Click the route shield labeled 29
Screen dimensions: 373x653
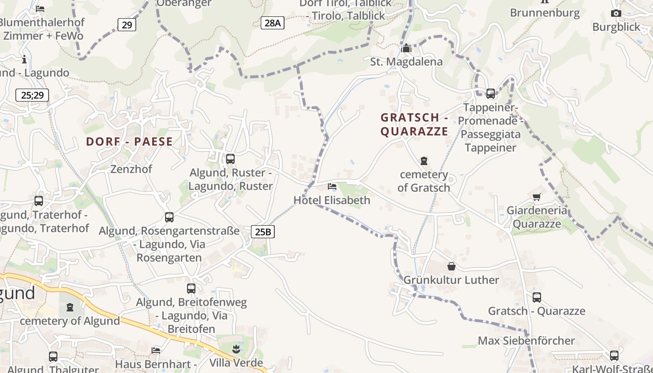pyautogui.click(x=127, y=25)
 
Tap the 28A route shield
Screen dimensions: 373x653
pyautogui.click(x=272, y=23)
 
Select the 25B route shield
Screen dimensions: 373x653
pyautogui.click(x=263, y=231)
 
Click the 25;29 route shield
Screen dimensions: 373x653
pyautogui.click(x=32, y=95)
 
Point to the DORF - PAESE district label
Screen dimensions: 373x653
pyautogui.click(x=129, y=142)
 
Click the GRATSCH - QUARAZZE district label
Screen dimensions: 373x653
pyautogui.click(x=414, y=124)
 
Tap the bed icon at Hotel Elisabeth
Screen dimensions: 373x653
pyautogui.click(x=332, y=187)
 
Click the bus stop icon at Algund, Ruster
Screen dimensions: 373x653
pyautogui.click(x=230, y=159)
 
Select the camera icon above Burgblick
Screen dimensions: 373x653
pyautogui.click(x=616, y=14)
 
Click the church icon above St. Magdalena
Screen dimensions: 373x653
pyautogui.click(x=406, y=48)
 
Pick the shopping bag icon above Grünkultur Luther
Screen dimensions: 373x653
pyautogui.click(x=452, y=266)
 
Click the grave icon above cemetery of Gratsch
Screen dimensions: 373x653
pyautogui.click(x=424, y=161)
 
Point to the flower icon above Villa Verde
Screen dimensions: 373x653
pyautogui.click(x=236, y=349)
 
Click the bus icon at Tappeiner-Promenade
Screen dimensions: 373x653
pyautogui.click(x=491, y=94)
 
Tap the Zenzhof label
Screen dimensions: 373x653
pyautogui.click(x=131, y=169)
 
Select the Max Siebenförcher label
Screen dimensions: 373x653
pyautogui.click(x=527, y=340)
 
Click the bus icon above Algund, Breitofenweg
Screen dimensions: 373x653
pyautogui.click(x=191, y=289)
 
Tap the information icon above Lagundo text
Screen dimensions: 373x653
pyautogui.click(x=24, y=60)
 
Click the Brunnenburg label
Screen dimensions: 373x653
pyautogui.click(x=545, y=13)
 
